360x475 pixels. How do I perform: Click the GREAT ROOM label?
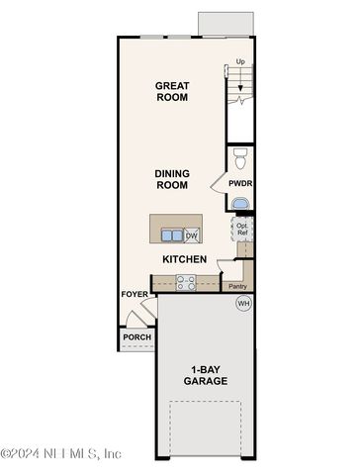pos(172,91)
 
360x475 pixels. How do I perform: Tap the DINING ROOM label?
pos(172,179)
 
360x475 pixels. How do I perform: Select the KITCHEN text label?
pos(185,259)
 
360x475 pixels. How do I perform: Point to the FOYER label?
pos(135,294)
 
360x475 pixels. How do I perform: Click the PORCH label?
pos(137,337)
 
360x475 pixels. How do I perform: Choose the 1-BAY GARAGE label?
pos(206,375)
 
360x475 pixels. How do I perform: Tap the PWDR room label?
pos(240,183)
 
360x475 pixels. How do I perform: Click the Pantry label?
pos(237,286)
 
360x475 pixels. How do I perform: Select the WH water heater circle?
pos(243,303)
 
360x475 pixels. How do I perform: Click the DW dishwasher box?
pos(192,236)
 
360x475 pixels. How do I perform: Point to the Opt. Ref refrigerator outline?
pos(242,229)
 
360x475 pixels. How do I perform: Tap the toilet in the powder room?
pos(240,158)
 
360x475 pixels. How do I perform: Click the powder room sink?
pos(241,204)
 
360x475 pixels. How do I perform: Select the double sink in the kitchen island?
pos(172,236)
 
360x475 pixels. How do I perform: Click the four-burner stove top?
pos(186,283)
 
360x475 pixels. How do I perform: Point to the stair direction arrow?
pos(240,78)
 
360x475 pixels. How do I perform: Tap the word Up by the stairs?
pos(240,61)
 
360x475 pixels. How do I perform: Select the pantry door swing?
pos(225,266)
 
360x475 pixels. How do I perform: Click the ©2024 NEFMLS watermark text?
pos(60,454)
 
